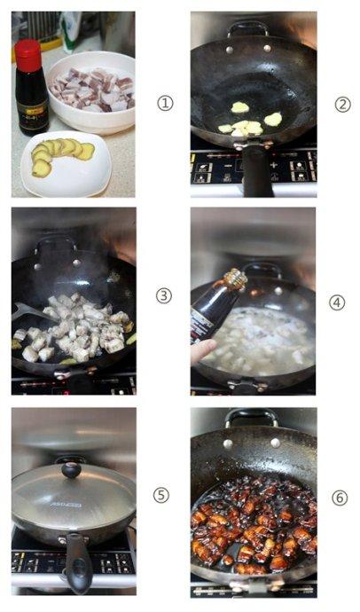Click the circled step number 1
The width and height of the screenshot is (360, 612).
tap(164, 104)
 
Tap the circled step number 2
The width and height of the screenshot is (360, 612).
tap(342, 104)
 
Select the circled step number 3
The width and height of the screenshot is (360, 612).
tap(164, 296)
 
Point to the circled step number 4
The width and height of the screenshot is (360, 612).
tap(337, 302)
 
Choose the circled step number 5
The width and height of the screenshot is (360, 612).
tap(161, 495)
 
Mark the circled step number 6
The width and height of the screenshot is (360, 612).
tap(340, 498)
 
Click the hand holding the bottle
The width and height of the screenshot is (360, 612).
tap(201, 351)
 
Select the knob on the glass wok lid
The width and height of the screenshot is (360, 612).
tap(71, 469)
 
